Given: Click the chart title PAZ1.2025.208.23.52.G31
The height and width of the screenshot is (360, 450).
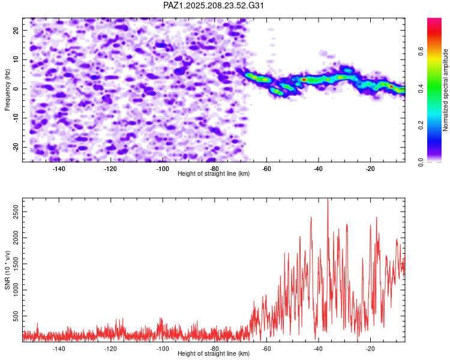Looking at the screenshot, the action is coord(213,5).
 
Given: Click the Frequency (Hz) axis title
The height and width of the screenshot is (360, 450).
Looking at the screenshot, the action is coord(7,90).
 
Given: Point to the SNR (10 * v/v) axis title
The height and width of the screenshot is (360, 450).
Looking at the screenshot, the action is coord(7,270).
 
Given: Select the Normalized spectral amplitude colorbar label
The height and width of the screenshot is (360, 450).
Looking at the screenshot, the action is coord(445,90).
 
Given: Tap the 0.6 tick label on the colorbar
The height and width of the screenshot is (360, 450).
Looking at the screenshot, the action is coord(421,52).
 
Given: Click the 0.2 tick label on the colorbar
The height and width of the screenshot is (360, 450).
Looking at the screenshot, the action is coord(421,125).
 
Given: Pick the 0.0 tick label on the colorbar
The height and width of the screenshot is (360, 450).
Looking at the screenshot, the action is coord(421,162).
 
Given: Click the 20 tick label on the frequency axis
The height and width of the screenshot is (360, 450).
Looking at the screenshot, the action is coord(16,30).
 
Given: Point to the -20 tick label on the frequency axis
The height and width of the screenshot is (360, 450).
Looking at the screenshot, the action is coord(16,147).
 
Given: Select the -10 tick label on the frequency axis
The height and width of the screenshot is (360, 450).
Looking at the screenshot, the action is coord(16,118).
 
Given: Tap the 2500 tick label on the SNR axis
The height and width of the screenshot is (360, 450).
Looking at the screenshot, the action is coord(16,212).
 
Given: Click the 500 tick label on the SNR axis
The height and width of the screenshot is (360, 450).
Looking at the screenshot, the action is coord(16,316).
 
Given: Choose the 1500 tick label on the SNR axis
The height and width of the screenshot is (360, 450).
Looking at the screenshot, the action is coord(16,264).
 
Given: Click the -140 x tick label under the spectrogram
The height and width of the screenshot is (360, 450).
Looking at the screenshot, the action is coord(59,169).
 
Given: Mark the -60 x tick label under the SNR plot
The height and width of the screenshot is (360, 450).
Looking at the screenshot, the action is coord(266,349).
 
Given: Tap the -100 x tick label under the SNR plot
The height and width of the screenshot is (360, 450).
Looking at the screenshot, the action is coord(163,349).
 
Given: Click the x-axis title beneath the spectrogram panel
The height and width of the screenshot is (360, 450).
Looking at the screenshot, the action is coord(214,173).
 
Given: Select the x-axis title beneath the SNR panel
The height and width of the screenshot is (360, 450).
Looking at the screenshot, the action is coord(214,353).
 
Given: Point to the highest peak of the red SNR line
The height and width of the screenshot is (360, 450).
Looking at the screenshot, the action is coord(328,199).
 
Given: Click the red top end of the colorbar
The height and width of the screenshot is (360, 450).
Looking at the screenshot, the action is coord(434,19).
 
